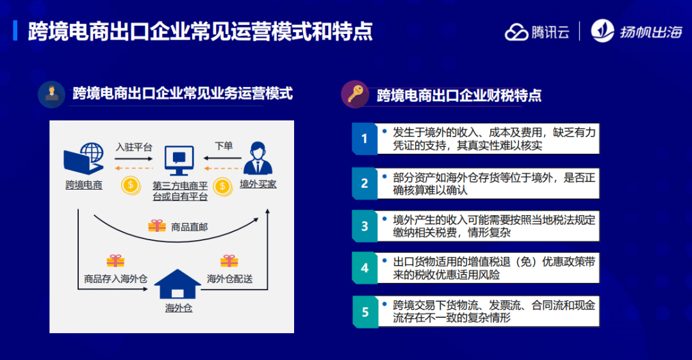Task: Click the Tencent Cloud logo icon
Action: (516, 32)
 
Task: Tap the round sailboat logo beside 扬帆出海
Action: (602, 31)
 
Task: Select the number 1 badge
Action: (365, 138)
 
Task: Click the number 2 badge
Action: (365, 183)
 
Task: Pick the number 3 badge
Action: (365, 226)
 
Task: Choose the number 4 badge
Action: (365, 268)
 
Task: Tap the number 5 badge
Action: (365, 312)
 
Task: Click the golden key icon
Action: (355, 94)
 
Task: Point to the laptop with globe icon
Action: (84, 158)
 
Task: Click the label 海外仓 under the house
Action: (179, 308)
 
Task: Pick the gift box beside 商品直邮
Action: (157, 226)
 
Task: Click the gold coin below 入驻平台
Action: (131, 185)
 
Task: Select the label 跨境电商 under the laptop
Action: (84, 185)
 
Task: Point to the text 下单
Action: (224, 146)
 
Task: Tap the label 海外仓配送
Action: (229, 279)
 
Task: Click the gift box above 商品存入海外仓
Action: (115, 261)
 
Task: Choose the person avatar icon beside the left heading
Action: (52, 94)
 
